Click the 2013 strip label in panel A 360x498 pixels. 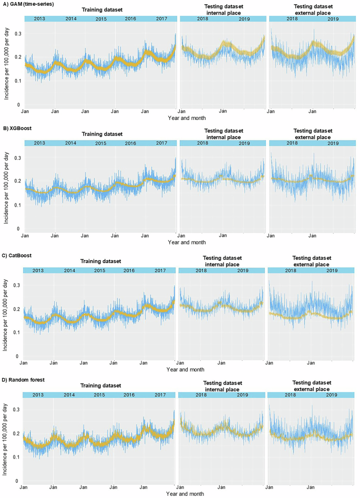click(39, 19)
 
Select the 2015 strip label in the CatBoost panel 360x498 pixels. click(99, 270)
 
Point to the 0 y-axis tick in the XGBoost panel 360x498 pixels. click(19, 229)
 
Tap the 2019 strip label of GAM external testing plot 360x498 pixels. click(333, 19)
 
